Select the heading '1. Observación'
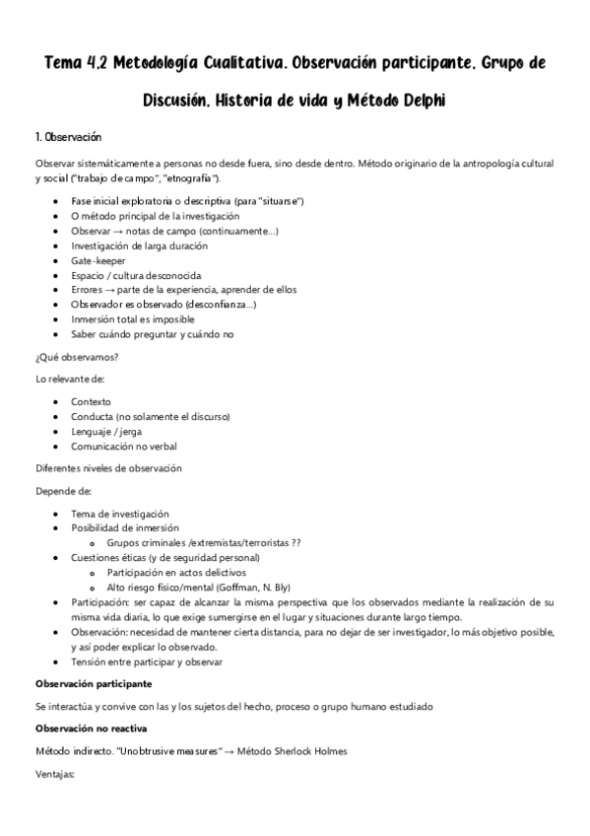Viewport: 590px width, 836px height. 68,136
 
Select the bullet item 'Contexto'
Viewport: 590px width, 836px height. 92,402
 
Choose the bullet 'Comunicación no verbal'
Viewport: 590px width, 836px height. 124,447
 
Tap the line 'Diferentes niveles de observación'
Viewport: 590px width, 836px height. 108,468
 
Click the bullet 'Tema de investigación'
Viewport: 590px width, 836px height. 120,514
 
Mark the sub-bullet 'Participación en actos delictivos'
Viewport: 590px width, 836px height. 177,573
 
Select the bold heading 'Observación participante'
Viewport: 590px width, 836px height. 94,683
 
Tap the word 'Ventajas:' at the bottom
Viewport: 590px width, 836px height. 55,774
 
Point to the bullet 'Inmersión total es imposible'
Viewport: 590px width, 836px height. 135,319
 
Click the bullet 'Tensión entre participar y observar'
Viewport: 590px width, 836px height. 147,662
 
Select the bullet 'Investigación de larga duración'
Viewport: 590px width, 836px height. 140,245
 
